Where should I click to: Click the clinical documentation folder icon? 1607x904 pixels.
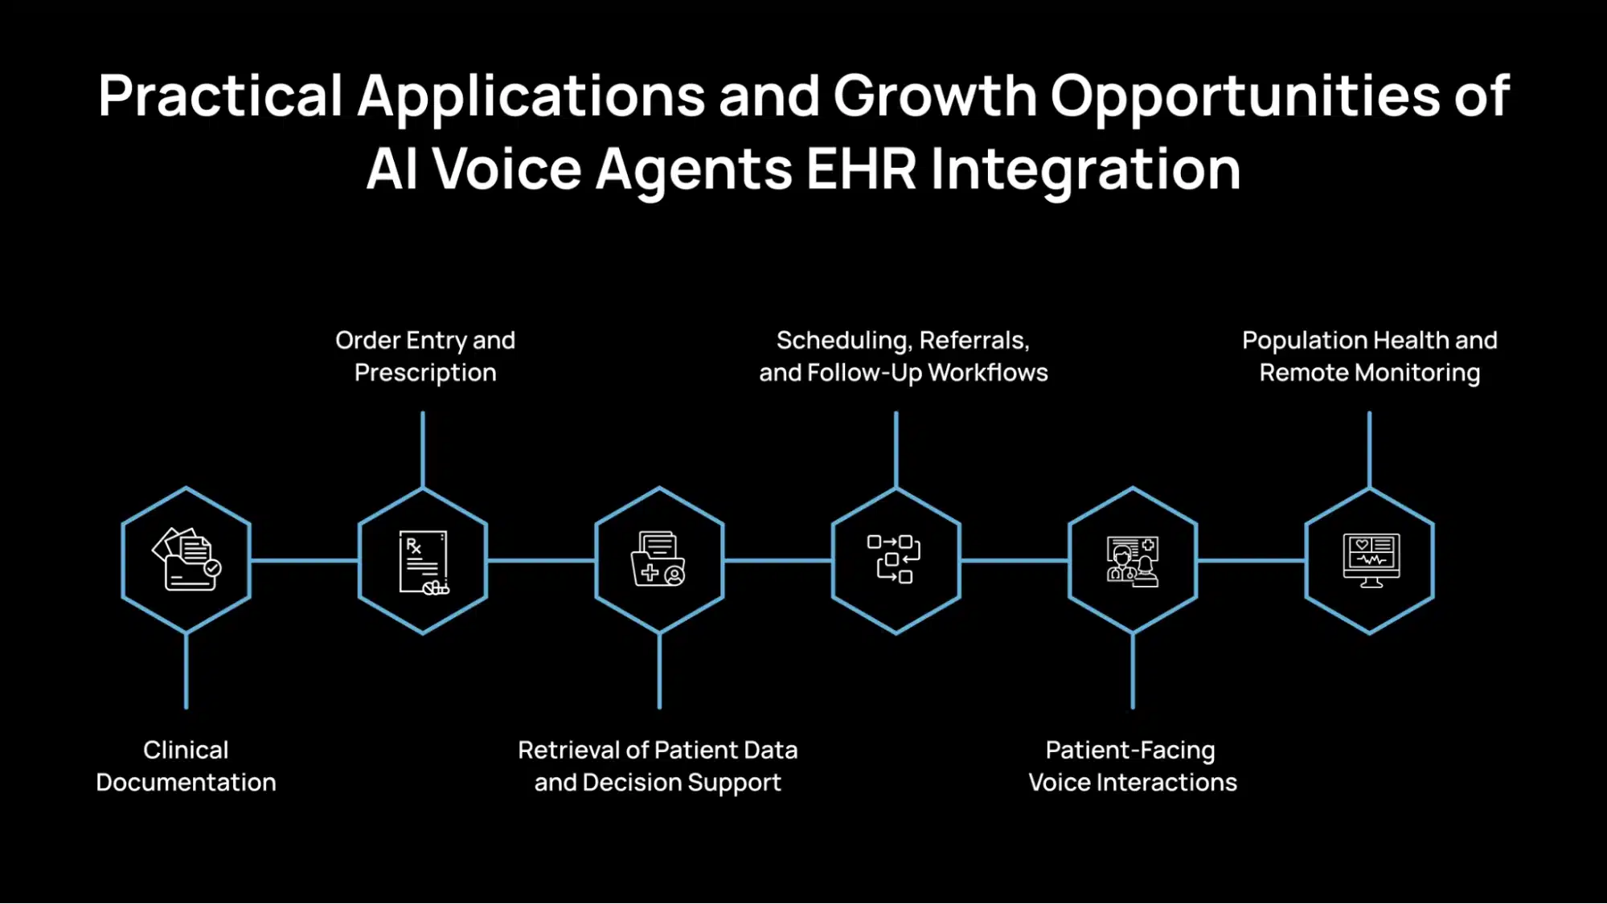[187, 559]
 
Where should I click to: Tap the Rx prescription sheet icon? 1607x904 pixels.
[423, 562]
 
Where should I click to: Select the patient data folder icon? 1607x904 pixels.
[658, 559]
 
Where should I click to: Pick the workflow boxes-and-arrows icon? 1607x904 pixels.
[895, 559]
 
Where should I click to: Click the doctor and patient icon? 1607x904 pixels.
[1132, 562]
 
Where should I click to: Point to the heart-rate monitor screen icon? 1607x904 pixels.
[1371, 560]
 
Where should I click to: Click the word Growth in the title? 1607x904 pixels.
[934, 96]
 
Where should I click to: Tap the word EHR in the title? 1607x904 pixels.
[860, 170]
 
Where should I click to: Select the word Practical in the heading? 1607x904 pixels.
[220, 96]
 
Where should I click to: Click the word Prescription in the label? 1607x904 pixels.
[425, 373]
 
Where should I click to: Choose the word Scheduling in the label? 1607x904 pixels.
[843, 341]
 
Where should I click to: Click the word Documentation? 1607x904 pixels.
[186, 783]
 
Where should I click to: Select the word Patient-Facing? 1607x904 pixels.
[1130, 751]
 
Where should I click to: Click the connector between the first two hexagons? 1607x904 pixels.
[304, 560]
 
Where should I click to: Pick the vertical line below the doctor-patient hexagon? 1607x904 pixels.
[1133, 671]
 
